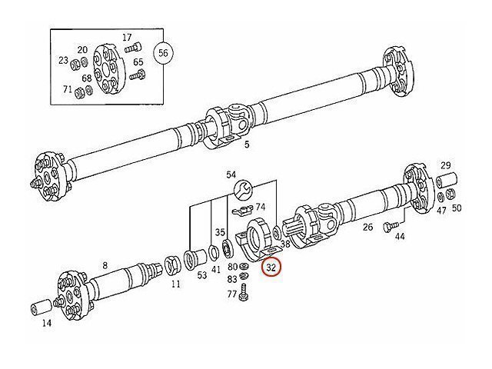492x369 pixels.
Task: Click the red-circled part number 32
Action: click(x=271, y=268)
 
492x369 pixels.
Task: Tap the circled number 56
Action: click(x=163, y=53)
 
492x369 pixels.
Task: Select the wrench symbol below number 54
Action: click(x=243, y=190)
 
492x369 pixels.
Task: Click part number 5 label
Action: click(x=247, y=145)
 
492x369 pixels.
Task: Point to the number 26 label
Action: click(x=367, y=227)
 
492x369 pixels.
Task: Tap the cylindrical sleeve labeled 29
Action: click(x=447, y=180)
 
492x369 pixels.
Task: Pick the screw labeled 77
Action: click(x=243, y=293)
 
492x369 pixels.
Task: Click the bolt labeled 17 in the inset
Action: click(x=133, y=48)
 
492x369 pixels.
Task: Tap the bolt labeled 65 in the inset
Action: click(x=138, y=75)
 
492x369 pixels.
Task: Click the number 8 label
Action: click(x=105, y=265)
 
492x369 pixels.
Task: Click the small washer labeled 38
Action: click(x=277, y=234)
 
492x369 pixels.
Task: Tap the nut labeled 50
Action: click(x=450, y=194)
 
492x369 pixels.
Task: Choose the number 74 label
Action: click(x=260, y=207)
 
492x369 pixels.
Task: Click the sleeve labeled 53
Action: click(x=194, y=259)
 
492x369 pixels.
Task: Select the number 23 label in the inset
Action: click(x=63, y=60)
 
